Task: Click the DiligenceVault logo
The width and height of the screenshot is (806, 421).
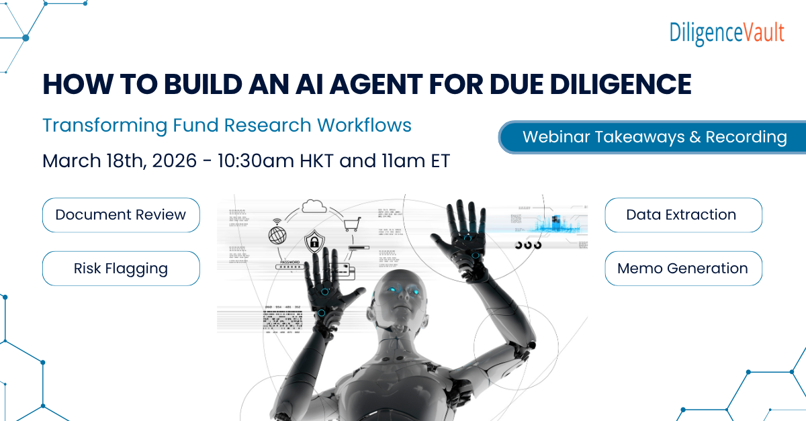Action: point(727,32)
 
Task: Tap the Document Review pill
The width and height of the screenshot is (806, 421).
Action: point(121,215)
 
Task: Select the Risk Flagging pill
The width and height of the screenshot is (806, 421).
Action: point(121,269)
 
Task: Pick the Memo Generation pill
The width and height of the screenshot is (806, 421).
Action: point(682,269)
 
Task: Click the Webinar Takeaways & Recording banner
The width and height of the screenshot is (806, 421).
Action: point(654,137)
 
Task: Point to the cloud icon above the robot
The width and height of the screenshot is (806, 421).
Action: point(314,205)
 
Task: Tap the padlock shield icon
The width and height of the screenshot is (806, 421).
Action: point(313,241)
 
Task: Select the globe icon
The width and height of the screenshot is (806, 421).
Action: point(277,235)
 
